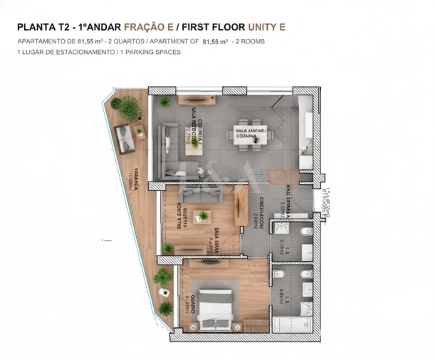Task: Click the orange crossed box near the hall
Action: point(283,177)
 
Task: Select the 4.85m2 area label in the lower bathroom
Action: point(283,295)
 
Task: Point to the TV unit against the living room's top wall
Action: point(199,99)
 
